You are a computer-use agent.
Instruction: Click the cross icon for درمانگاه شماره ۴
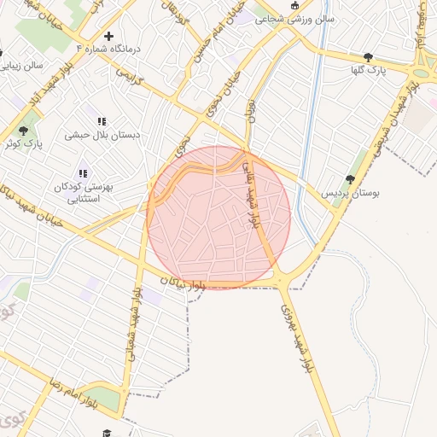point(108,36)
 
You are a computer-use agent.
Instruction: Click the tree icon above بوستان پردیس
point(350,179)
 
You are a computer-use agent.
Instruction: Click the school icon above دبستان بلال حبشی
point(102,121)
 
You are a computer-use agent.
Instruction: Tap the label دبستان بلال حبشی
point(100,135)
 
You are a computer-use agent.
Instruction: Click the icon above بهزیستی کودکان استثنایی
point(83,173)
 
